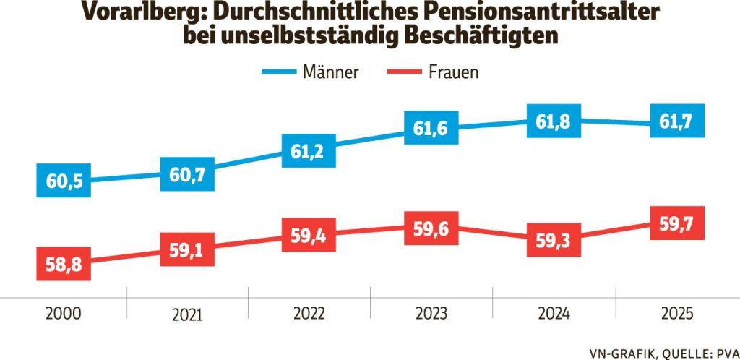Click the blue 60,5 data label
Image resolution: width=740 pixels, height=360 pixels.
pos(64,181)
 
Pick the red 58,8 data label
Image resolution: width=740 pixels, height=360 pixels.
pos(64,265)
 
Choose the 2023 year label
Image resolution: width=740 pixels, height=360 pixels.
pos(431,314)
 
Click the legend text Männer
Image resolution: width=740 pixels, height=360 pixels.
pos(331,72)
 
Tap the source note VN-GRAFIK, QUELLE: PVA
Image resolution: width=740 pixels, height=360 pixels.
pos(658,351)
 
